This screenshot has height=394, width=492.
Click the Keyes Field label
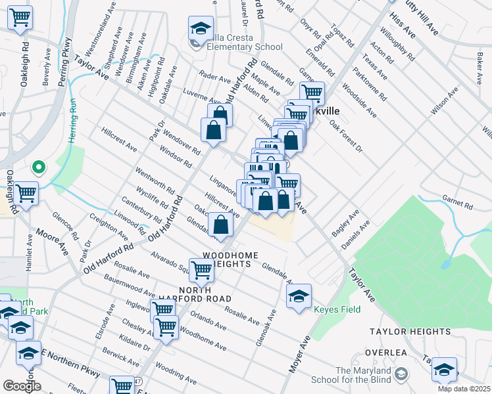[336, 309]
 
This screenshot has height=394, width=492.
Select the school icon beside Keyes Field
[299, 296]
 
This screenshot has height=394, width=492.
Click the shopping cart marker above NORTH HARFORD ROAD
[201, 269]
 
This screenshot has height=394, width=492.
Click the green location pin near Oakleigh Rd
[38, 167]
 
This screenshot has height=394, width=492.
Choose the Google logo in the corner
[21, 386]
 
